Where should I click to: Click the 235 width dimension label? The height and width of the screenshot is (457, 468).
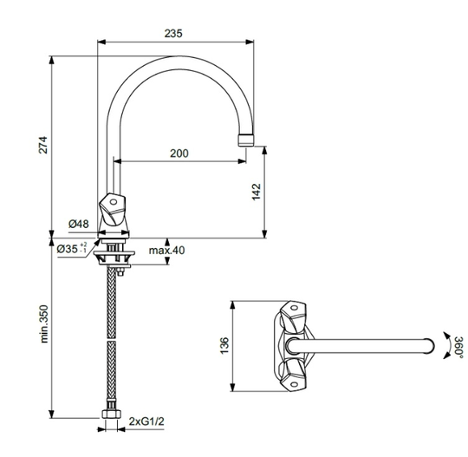[x=173, y=33]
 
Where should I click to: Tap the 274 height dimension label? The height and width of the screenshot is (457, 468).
[x=43, y=145]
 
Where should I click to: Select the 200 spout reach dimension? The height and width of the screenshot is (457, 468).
[x=179, y=153]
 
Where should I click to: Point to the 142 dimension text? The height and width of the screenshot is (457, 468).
[x=257, y=192]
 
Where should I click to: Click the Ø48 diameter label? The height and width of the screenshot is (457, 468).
[x=79, y=224]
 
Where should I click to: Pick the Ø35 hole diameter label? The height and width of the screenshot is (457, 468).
[x=72, y=248]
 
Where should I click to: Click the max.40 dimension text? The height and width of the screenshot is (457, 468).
[x=167, y=250]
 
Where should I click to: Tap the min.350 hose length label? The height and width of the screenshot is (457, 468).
[x=44, y=323]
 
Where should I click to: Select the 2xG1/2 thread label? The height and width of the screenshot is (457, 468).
[x=146, y=421]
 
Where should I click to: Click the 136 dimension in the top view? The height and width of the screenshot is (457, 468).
[x=224, y=346]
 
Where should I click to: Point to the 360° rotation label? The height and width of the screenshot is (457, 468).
[x=459, y=346]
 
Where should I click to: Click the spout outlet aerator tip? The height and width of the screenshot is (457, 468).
[x=246, y=140]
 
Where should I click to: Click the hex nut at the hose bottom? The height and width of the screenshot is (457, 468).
[x=111, y=414]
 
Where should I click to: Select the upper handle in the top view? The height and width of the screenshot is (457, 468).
[x=294, y=317]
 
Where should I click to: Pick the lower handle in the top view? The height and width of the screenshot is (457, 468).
[x=294, y=375]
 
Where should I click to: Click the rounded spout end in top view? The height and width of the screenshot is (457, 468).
[x=429, y=346]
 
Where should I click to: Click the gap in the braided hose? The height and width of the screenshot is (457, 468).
[x=111, y=340]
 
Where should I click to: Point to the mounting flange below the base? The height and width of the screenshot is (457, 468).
[x=114, y=254]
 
